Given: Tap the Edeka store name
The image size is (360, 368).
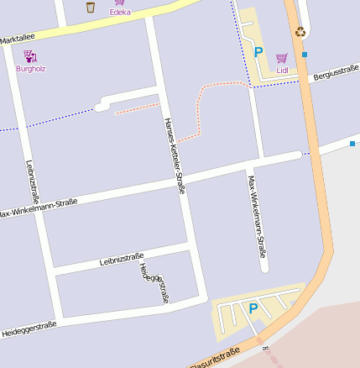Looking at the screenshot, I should (x=120, y=13).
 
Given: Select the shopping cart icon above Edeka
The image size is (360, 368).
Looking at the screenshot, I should (x=120, y=3).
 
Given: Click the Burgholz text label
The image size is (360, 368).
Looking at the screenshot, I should (x=30, y=68).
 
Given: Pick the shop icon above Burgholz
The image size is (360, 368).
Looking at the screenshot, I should (x=29, y=56).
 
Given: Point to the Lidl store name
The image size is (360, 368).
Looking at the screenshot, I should (x=282, y=70).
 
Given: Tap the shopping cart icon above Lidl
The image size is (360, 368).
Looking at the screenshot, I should (x=282, y=58).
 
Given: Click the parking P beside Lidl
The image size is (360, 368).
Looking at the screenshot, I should (x=258, y=52).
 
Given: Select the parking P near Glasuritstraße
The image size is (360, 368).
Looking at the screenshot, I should (x=253, y=308).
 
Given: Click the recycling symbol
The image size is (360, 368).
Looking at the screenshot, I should (x=300, y=32).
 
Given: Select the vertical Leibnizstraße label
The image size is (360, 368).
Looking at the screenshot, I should (x=33, y=184).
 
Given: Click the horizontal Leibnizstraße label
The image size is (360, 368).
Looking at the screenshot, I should (x=122, y=259).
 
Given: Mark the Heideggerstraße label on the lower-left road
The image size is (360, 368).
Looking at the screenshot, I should (x=29, y=327).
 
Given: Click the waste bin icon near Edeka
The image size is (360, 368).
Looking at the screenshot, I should (x=91, y=7).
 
